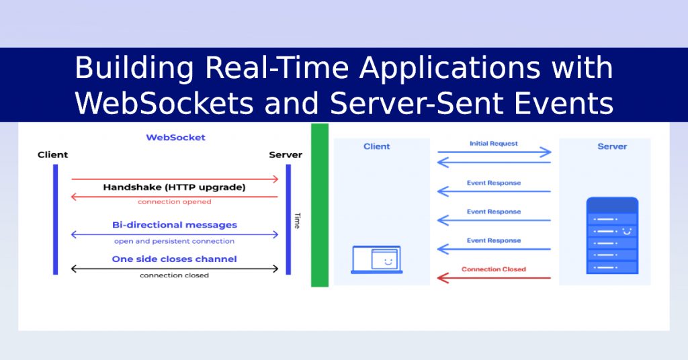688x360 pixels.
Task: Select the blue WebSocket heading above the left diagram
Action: [x=175, y=138]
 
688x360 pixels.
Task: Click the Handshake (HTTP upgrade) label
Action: [x=174, y=187]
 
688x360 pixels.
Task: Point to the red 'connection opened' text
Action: [x=174, y=201]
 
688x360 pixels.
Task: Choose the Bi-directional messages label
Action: [x=174, y=225]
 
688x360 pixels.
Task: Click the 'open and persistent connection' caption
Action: [x=174, y=241]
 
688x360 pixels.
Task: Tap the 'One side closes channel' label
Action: [x=174, y=259]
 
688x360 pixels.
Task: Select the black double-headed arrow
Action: [x=174, y=269]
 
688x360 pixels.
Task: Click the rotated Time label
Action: [x=296, y=221]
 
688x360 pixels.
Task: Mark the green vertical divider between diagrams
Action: [x=320, y=205]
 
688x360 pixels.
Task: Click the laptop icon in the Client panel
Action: [x=376, y=259]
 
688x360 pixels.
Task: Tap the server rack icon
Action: [x=611, y=235]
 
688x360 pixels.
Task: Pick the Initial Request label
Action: [x=494, y=144]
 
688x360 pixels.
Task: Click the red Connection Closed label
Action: [x=494, y=269]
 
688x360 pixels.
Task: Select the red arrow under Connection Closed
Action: [x=494, y=277]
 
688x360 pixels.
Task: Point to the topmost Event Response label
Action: [x=494, y=183]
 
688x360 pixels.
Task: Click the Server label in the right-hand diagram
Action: [x=612, y=146]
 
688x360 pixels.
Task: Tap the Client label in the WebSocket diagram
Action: [x=53, y=155]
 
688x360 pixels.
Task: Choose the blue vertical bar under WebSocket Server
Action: [x=288, y=219]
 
